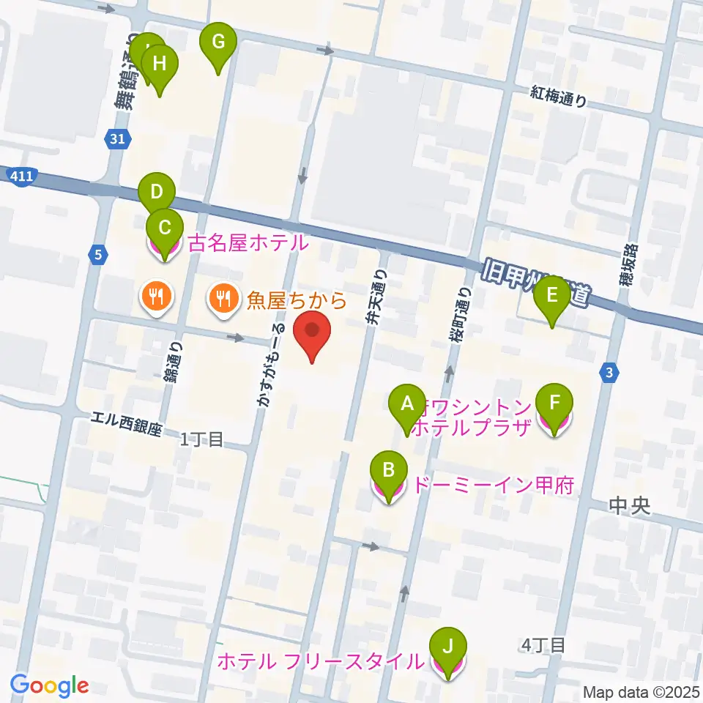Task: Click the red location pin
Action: click(312, 334)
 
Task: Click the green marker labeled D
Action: click(156, 195)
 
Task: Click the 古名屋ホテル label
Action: click(248, 242)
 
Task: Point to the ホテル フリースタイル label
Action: click(321, 662)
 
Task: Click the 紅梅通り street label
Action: click(559, 96)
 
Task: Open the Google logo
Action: click(50, 685)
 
